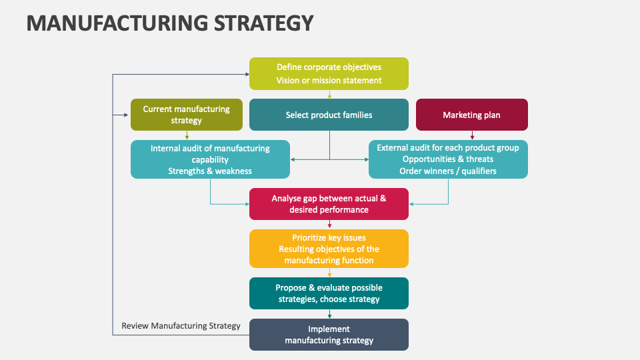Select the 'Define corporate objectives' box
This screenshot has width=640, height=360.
point(329,73)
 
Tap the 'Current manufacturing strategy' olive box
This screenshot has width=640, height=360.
point(186,115)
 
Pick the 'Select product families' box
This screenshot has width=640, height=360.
point(329,115)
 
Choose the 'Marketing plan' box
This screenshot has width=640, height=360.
point(471,115)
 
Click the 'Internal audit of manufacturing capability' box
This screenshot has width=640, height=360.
point(210,159)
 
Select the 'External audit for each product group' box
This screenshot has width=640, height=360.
point(448,159)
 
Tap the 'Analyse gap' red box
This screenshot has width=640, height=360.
point(329,204)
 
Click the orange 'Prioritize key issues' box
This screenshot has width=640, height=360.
point(329,249)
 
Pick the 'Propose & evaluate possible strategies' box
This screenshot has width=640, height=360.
point(329,293)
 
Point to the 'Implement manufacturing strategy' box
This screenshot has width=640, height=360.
point(329,335)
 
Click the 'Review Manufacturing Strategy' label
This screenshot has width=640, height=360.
point(181,326)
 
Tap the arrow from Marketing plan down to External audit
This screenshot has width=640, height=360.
point(472,135)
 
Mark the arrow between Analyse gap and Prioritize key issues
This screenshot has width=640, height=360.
point(329,225)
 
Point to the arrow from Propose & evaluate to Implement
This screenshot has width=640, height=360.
point(329,314)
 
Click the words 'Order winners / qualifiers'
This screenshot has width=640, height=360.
point(448,171)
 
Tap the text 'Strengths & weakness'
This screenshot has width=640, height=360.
point(210,171)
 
